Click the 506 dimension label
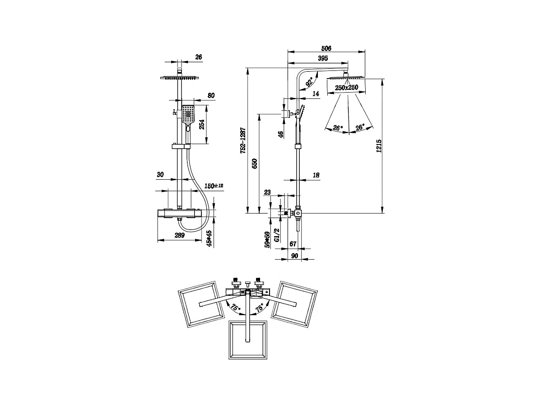click(x=326, y=48)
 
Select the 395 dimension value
click(x=322, y=58)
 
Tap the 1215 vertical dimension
click(x=379, y=145)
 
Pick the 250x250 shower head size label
click(x=346, y=88)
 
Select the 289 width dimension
click(x=180, y=235)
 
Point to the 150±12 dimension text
click(x=214, y=186)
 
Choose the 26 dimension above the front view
click(x=199, y=57)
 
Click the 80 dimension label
click(x=211, y=95)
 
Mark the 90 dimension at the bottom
click(x=294, y=256)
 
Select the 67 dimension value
click(x=293, y=244)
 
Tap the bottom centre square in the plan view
click(x=248, y=340)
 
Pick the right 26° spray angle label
click(x=360, y=128)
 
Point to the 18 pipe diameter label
click(x=316, y=175)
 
